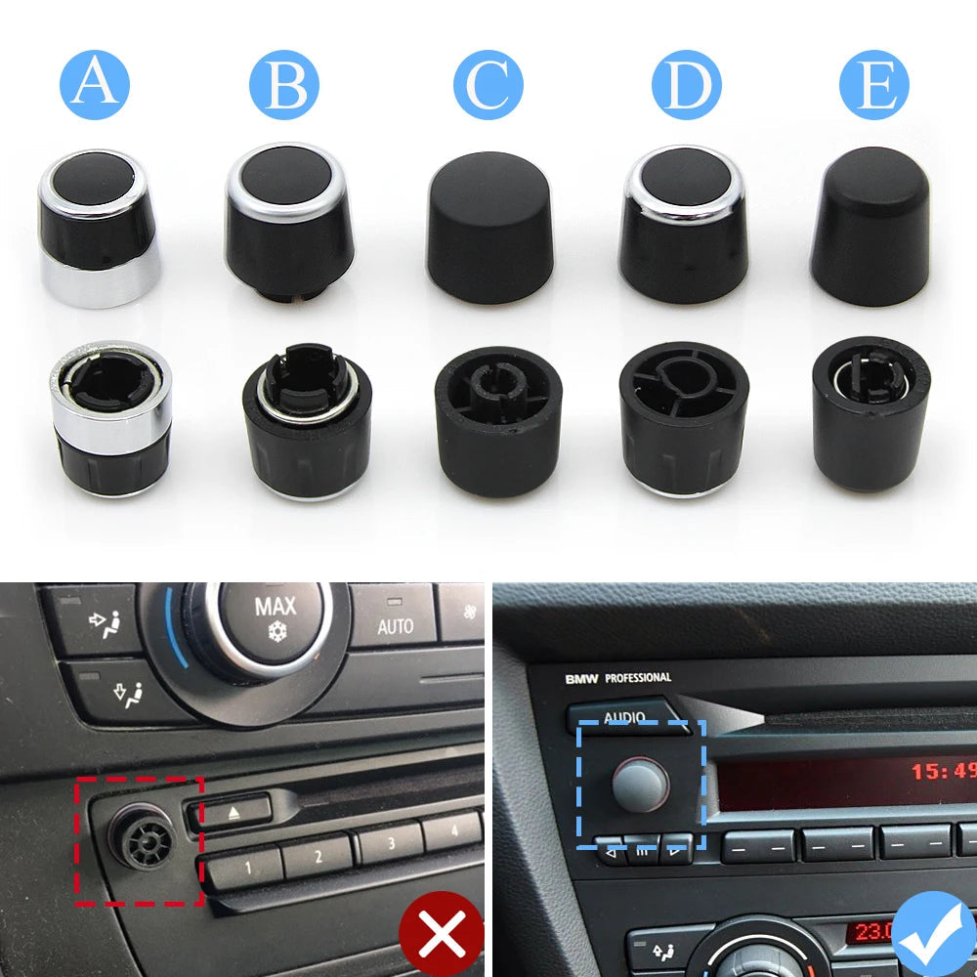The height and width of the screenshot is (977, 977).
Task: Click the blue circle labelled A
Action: pyautogui.click(x=95, y=86)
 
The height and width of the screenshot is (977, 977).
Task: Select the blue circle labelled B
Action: pyautogui.click(x=283, y=86)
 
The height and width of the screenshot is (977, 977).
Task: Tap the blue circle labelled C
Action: pyautogui.click(x=488, y=86)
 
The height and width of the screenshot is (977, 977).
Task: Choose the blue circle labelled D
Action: pyautogui.click(x=686, y=86)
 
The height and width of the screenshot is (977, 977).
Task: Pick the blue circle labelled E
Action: pyautogui.click(x=874, y=86)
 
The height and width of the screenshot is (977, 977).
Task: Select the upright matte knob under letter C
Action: pyautogui.click(x=490, y=227)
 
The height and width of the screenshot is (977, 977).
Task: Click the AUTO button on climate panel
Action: pyautogui.click(x=395, y=623)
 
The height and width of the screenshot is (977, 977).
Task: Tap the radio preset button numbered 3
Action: pyautogui.click(x=389, y=842)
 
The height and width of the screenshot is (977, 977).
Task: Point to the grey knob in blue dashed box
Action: pyautogui.click(x=640, y=782)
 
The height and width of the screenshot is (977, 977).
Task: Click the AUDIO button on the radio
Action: pyautogui.click(x=623, y=716)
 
